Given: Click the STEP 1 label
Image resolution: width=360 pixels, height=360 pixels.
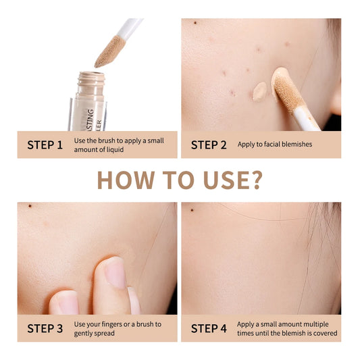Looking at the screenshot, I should pyautogui.click(x=45, y=145).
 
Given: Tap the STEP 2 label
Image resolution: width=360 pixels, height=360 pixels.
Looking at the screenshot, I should pyautogui.click(x=209, y=145).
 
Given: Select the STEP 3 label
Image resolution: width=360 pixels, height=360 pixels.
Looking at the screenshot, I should pyautogui.click(x=45, y=328).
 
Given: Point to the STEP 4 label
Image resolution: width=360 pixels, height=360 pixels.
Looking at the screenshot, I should pyautogui.click(x=209, y=328).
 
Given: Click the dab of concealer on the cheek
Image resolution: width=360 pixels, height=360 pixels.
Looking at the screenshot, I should pyautogui.click(x=260, y=91).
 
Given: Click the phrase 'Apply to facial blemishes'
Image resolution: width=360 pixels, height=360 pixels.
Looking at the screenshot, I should pyautogui.click(x=274, y=145).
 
